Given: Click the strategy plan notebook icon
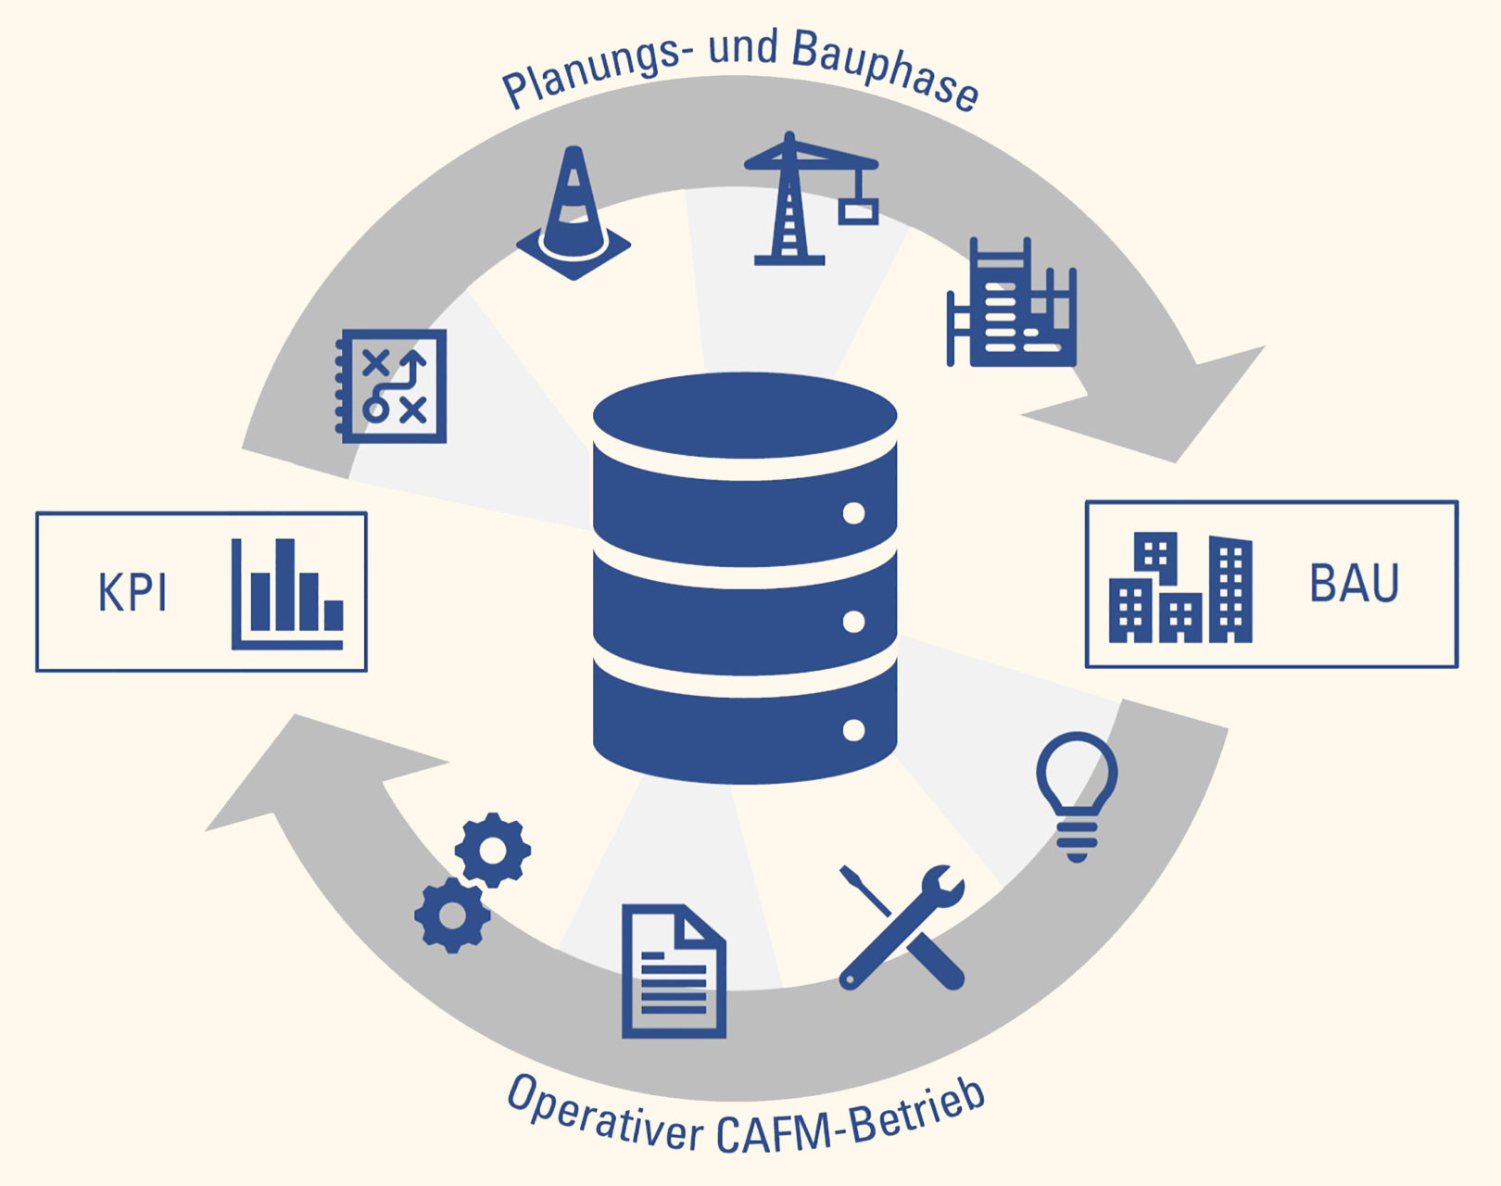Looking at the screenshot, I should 391,385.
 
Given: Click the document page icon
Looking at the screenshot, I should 674,970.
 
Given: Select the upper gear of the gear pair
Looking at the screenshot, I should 492,849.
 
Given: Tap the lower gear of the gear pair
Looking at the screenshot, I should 452,915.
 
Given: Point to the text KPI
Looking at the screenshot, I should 132,593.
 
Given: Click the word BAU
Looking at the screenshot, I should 1354,584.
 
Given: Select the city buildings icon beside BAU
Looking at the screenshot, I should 1180,587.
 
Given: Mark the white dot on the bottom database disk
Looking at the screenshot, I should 853,730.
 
